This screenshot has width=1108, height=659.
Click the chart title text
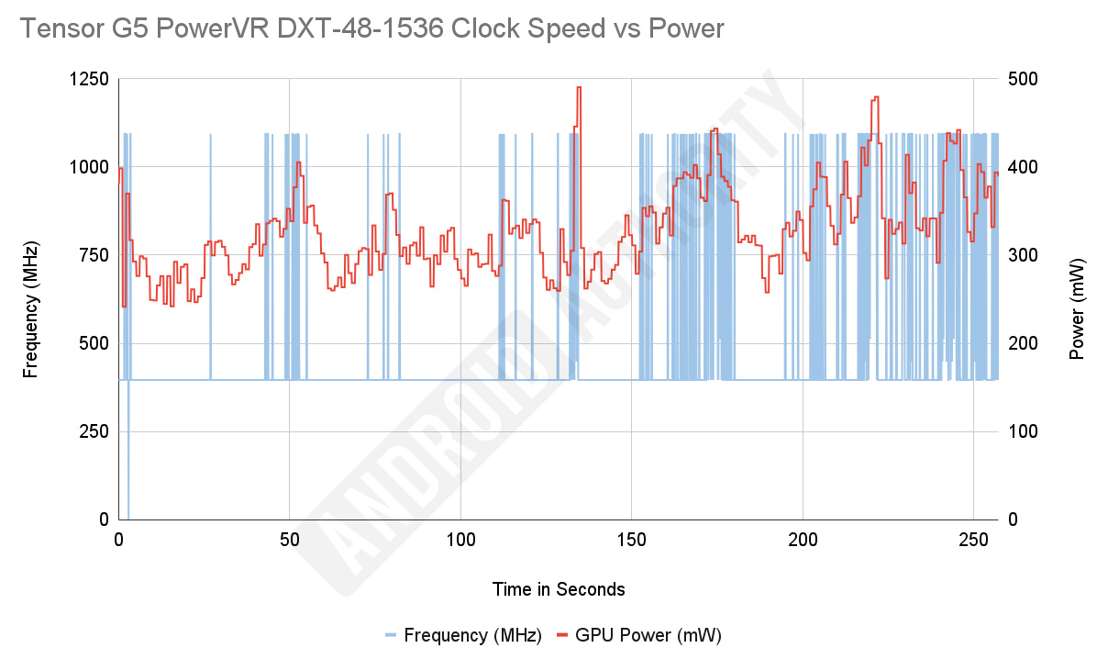(371, 29)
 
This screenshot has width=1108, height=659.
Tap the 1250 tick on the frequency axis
(89, 80)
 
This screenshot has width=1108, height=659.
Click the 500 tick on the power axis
(1023, 80)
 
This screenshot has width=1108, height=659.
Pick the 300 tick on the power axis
(1023, 255)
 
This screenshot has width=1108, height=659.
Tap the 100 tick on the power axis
(1023, 431)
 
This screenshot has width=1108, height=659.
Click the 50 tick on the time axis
(290, 541)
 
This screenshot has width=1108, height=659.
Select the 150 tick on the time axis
(631, 541)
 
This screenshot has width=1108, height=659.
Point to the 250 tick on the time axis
(973, 541)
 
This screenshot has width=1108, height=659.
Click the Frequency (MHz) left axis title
(31, 309)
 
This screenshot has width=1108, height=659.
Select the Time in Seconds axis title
(558, 589)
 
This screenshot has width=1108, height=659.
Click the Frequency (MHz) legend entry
(462, 635)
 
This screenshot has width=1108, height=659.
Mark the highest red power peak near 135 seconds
(579, 87)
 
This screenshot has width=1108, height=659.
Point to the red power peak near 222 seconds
(877, 97)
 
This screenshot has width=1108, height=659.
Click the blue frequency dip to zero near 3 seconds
(128, 514)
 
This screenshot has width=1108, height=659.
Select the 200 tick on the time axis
(803, 541)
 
